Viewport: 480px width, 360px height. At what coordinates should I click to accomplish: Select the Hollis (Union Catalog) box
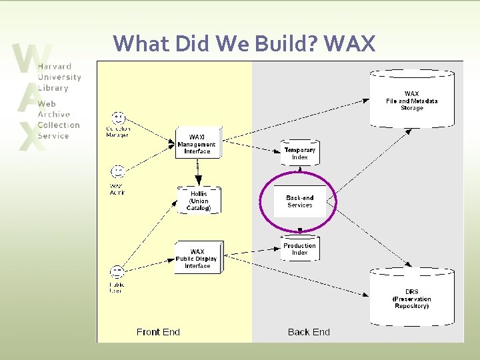point(198,201)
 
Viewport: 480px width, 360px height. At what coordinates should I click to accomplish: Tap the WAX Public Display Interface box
point(197,258)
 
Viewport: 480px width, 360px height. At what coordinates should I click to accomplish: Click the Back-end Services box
point(299,201)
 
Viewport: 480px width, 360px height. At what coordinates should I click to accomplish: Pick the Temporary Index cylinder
point(299,153)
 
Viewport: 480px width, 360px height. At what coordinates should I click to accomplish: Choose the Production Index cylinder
point(299,249)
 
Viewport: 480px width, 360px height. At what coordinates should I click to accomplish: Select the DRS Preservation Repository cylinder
point(411,296)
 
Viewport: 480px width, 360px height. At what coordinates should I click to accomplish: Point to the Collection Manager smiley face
point(119,118)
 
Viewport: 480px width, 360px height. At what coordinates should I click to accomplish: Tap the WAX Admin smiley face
point(118,173)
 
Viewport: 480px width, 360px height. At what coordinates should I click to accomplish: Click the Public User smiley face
point(117,272)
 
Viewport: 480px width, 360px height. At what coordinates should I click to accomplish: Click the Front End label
point(158,331)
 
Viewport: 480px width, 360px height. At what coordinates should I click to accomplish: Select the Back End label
point(309,331)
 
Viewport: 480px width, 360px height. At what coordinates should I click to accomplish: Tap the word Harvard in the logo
point(55,67)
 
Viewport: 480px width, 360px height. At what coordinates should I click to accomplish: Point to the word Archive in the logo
point(53,114)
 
